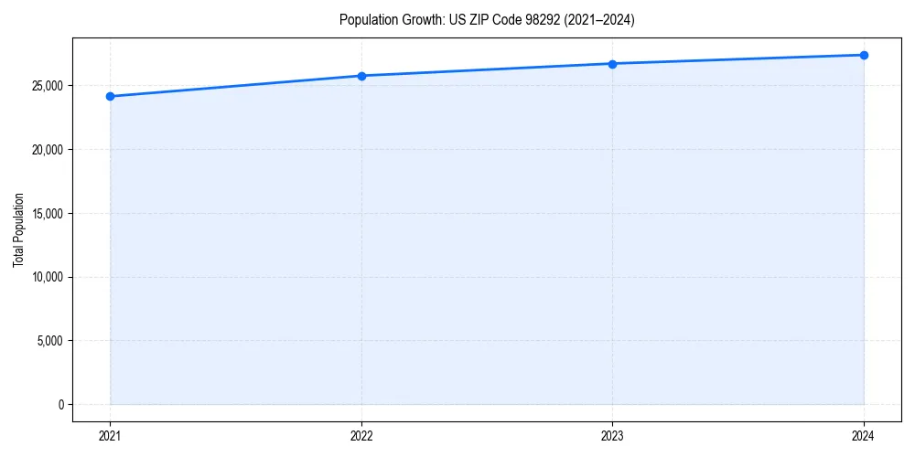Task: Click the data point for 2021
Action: (110, 96)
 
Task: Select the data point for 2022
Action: (361, 76)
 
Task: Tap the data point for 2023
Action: (612, 64)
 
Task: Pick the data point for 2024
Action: (864, 55)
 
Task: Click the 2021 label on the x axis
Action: (110, 435)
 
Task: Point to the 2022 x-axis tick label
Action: (361, 435)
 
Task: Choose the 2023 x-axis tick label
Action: (612, 435)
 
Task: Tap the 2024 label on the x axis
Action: (864, 435)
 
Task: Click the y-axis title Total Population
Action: (18, 229)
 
